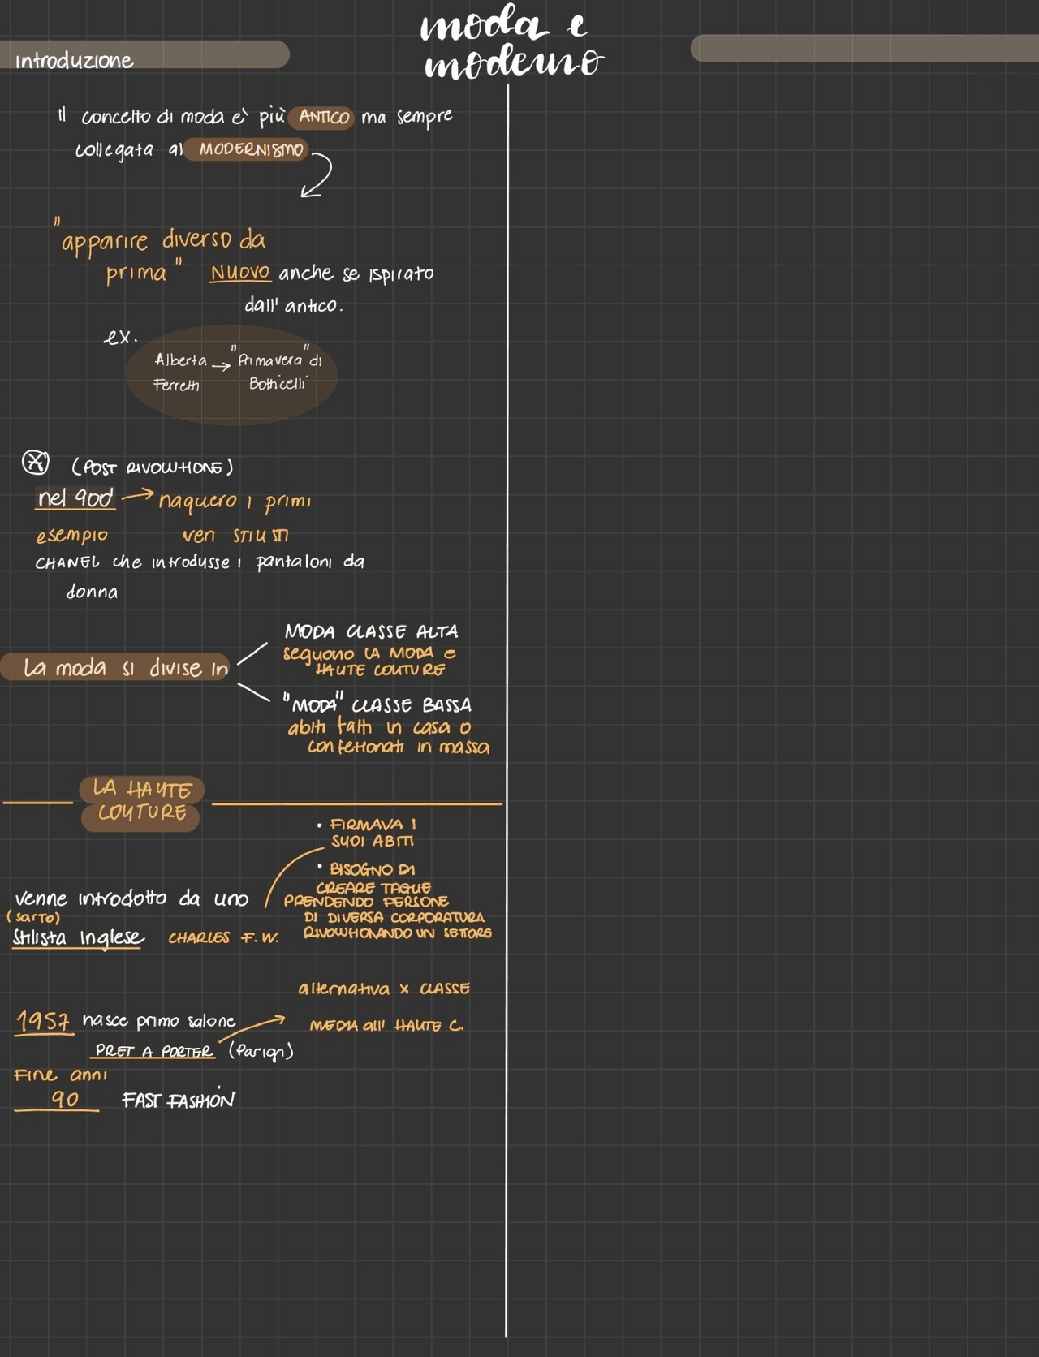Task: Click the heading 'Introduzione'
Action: pyautogui.click(x=74, y=61)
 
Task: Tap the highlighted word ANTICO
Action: pyautogui.click(x=323, y=117)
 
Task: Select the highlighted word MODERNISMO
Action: pyautogui.click(x=250, y=149)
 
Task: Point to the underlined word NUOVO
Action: pyautogui.click(x=240, y=273)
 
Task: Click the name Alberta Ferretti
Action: pyautogui.click(x=179, y=372)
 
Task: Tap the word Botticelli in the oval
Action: pyautogui.click(x=278, y=384)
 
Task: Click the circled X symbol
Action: pyautogui.click(x=35, y=463)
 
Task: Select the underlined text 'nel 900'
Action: pyautogui.click(x=75, y=498)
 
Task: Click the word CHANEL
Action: pyautogui.click(x=67, y=562)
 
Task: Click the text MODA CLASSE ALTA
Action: pyautogui.click(x=371, y=631)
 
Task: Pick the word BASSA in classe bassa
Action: pyautogui.click(x=446, y=705)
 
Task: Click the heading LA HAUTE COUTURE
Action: pyautogui.click(x=141, y=801)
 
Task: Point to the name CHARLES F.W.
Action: pyautogui.click(x=222, y=937)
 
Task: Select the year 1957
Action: pyautogui.click(x=43, y=1020)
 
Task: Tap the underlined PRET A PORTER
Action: pyautogui.click(x=153, y=1051)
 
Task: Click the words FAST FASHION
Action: pyautogui.click(x=178, y=1101)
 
